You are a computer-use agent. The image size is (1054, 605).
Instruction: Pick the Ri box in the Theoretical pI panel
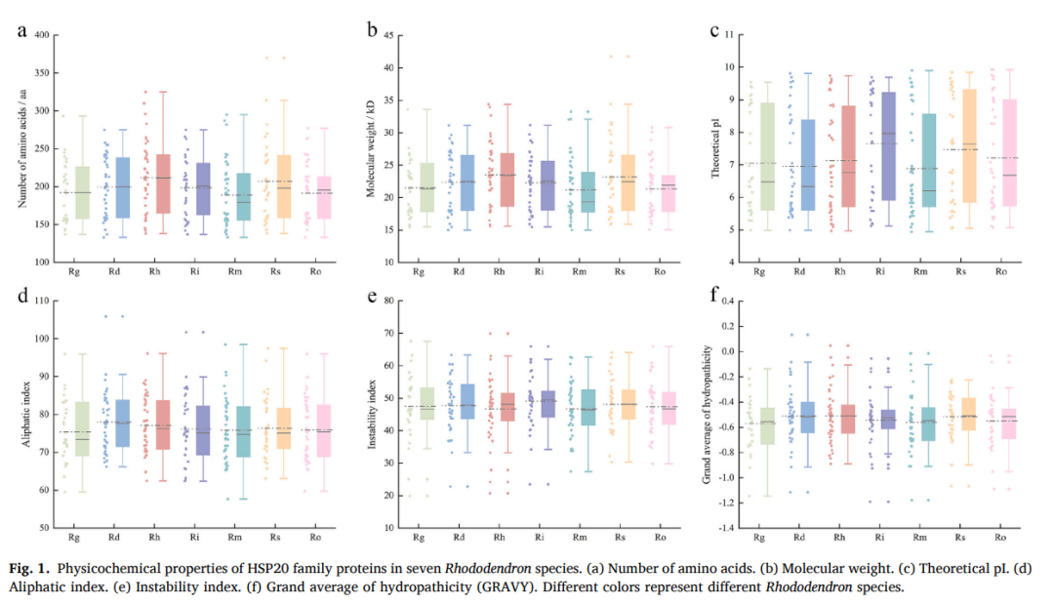pos(888,146)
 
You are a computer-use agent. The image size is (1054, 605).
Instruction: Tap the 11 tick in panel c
pos(729,35)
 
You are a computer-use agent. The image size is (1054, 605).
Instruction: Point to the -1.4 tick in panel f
pos(723,528)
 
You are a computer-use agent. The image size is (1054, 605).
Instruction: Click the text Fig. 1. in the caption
pos(29,568)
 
